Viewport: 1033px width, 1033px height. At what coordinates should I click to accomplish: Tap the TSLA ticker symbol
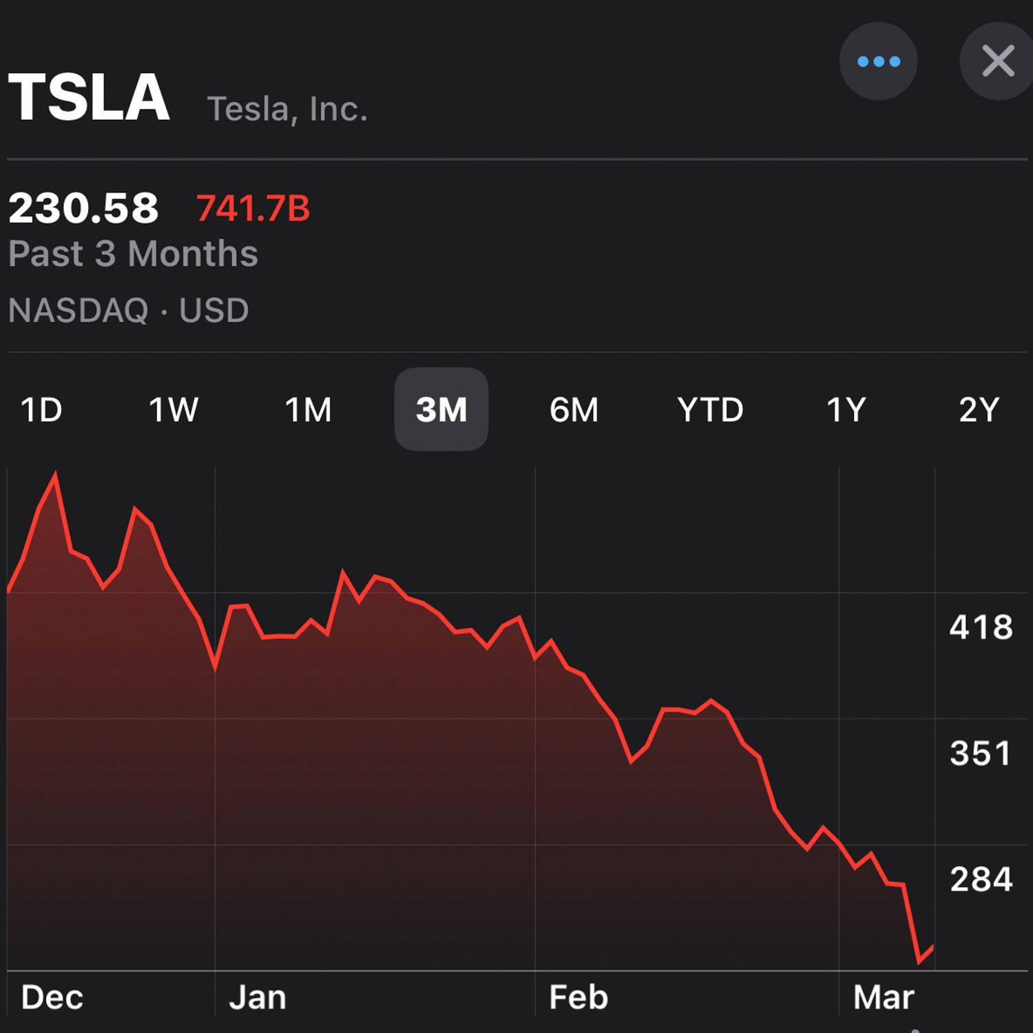tap(89, 98)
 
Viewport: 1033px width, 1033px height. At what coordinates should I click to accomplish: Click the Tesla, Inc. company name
tap(287, 109)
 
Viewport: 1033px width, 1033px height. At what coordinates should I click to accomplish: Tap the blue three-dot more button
tap(878, 61)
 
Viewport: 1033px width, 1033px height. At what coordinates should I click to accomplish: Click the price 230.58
tap(83, 208)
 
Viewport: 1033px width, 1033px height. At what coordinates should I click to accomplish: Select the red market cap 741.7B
tap(253, 209)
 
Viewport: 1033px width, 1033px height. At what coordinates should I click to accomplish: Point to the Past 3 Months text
tap(133, 253)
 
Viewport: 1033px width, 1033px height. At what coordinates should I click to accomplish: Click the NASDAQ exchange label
tap(79, 310)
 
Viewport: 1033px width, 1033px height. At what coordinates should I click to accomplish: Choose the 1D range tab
tap(41, 410)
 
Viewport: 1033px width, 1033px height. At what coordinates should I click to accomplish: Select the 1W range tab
tap(174, 410)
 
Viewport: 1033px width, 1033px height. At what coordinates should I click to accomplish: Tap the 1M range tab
tap(308, 410)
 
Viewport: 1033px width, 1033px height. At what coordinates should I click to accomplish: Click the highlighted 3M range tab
tap(441, 410)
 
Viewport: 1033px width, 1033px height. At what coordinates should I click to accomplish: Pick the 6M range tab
tap(574, 410)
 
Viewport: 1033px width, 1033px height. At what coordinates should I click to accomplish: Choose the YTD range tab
tap(710, 410)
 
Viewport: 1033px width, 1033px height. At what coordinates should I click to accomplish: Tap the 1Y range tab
tap(846, 410)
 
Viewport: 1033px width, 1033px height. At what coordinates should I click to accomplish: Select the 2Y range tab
tap(979, 410)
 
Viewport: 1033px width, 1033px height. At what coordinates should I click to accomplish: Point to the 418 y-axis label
tap(981, 627)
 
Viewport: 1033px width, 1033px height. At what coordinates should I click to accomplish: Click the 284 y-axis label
tap(981, 879)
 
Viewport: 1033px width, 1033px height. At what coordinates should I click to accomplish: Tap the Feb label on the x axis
tap(578, 997)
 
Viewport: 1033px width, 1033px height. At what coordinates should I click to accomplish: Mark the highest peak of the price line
tap(55, 474)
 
